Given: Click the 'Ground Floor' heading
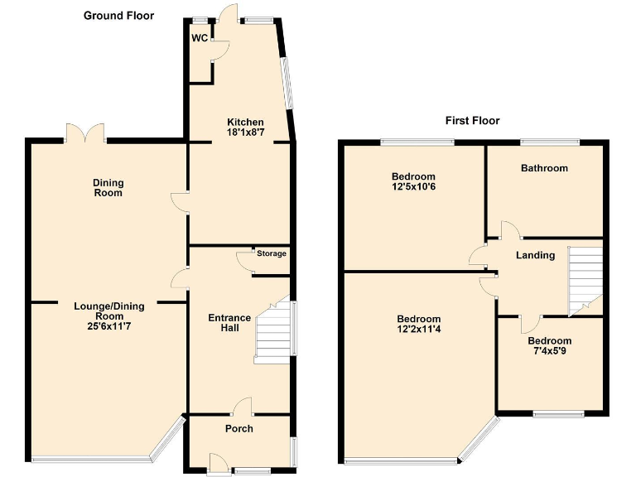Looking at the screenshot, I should pyautogui.click(x=118, y=16).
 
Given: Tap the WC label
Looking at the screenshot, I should pyautogui.click(x=199, y=38).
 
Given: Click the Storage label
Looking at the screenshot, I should pyautogui.click(x=271, y=253).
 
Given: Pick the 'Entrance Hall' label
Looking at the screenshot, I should pyautogui.click(x=229, y=323).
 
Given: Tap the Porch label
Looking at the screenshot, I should pyautogui.click(x=239, y=428).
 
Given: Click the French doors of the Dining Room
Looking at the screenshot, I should pyautogui.click(x=85, y=133).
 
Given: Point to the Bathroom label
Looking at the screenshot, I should pyautogui.click(x=544, y=168).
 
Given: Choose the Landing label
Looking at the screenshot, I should pyautogui.click(x=535, y=255).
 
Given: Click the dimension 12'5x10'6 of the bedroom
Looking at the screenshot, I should pyautogui.click(x=413, y=187).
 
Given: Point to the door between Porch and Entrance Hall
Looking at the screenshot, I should pyautogui.click(x=242, y=407).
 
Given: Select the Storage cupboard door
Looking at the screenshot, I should pyautogui.click(x=244, y=260).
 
